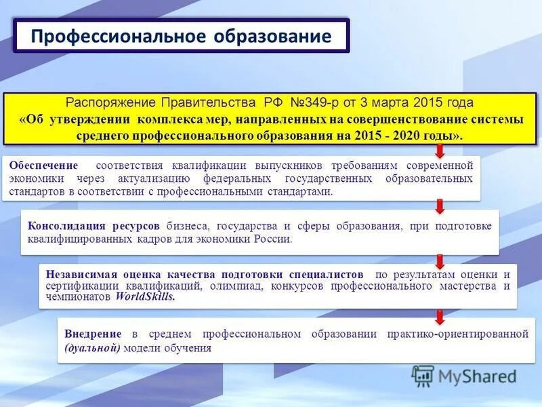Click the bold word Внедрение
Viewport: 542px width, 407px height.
click(93, 334)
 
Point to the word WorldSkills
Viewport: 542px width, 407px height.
click(145, 297)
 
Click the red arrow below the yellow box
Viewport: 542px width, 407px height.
click(440, 149)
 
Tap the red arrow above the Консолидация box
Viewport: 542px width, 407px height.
click(440, 206)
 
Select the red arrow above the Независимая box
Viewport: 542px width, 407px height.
click(440, 260)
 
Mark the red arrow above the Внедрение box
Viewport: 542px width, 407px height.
click(440, 316)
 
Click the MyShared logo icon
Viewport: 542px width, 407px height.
click(423, 376)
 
